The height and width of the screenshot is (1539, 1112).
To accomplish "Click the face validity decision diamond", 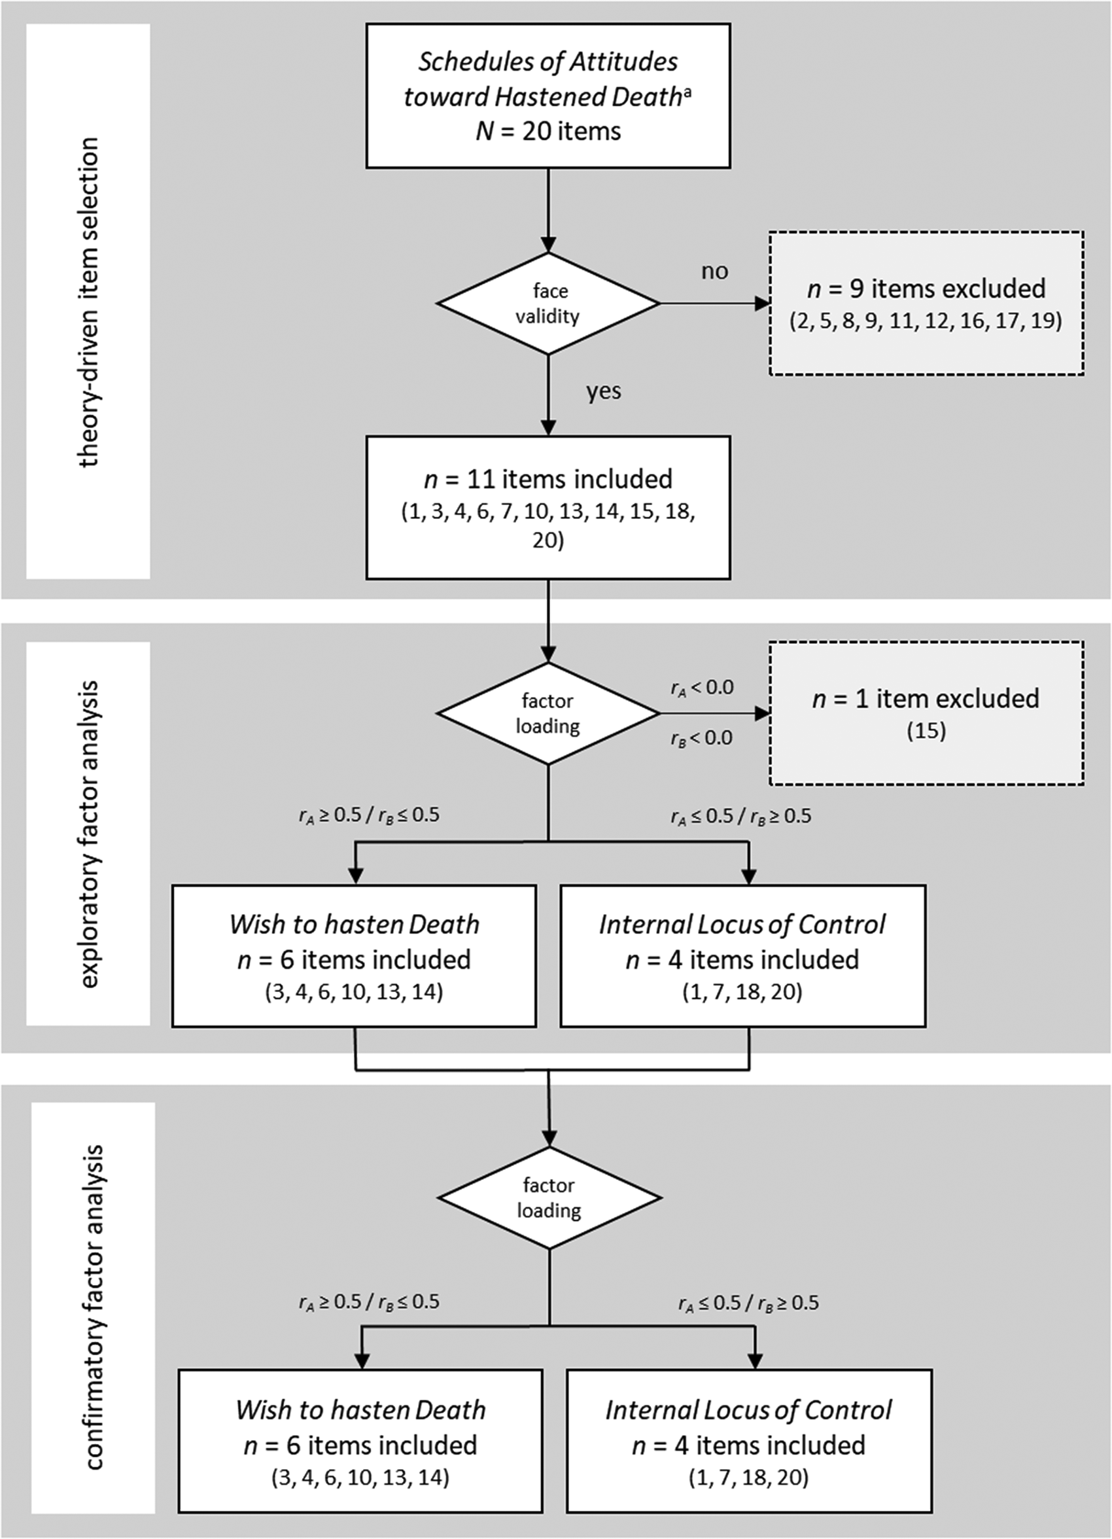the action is click(548, 304).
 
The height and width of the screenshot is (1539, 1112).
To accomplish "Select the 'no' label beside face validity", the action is click(714, 272).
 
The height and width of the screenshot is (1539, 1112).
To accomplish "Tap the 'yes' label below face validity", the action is click(603, 392).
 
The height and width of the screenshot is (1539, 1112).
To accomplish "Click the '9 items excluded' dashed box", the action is click(926, 304).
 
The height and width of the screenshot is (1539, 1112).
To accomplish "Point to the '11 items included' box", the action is click(548, 508).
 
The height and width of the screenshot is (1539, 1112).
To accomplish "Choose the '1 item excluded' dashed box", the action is click(926, 713).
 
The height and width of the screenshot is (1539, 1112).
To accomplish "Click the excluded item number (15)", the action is click(926, 731).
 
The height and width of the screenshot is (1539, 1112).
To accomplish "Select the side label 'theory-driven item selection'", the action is click(89, 302).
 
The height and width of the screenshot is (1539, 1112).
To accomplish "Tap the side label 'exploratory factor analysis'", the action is click(89, 834).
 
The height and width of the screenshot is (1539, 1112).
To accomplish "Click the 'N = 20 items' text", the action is click(548, 131).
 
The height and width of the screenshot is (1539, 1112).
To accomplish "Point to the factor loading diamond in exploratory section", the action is click(548, 713).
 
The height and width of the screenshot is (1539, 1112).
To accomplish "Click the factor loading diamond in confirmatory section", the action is click(549, 1197).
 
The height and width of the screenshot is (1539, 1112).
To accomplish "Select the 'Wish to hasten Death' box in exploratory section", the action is click(354, 956).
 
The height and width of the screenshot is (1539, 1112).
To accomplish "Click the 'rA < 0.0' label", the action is click(703, 688).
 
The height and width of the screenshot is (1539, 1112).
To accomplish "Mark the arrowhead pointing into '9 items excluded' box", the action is click(763, 304).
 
